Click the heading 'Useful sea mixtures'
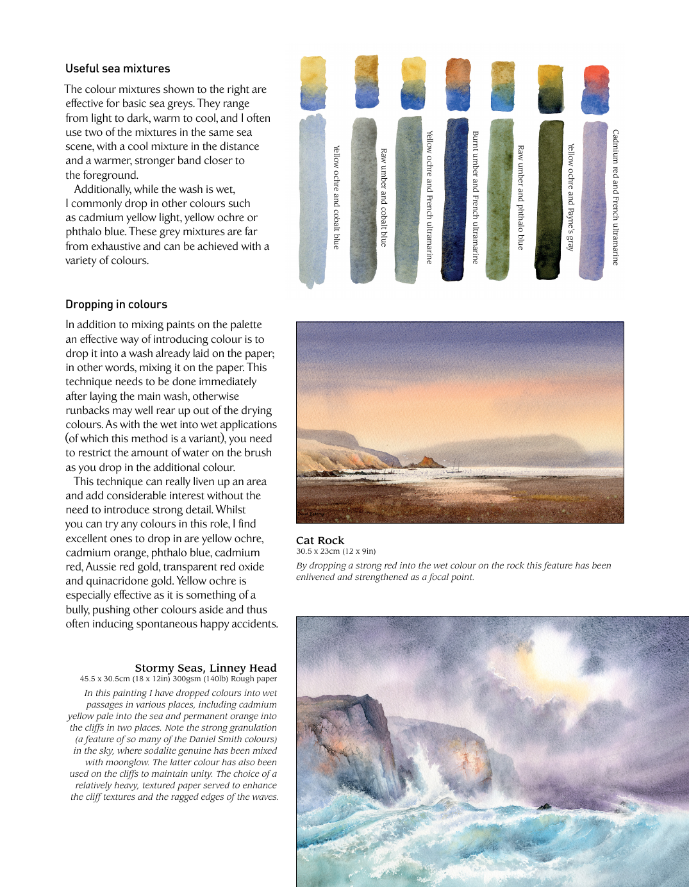118,69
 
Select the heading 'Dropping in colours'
116,304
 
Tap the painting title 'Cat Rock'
320,540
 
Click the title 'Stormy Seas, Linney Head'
205,668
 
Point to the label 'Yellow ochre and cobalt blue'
336,197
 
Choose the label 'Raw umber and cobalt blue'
384,198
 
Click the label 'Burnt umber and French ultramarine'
476,197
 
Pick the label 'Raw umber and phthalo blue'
520,197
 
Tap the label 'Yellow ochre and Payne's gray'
570,197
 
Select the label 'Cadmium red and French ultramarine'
616,197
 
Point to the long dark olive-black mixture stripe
549,200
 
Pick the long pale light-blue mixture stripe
312,200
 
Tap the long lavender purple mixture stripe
594,200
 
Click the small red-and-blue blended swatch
595,90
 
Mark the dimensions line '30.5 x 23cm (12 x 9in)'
336,551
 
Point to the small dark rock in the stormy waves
544,806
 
